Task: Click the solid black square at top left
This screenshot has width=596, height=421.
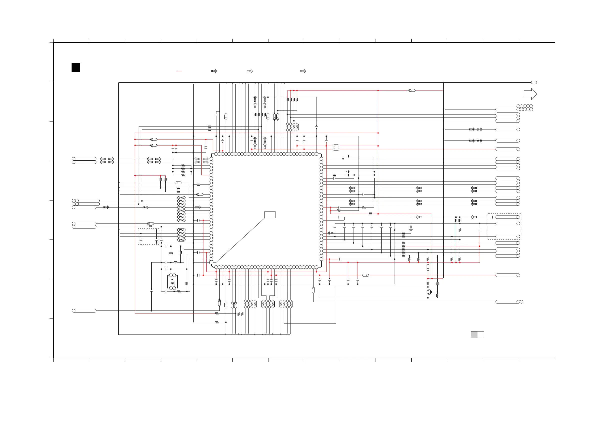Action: click(76, 67)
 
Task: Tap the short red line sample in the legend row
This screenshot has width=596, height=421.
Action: click(179, 71)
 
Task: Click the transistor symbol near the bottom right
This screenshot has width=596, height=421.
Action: click(429, 292)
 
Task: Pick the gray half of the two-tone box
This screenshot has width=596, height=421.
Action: click(474, 334)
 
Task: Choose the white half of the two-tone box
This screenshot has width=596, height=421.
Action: click(480, 334)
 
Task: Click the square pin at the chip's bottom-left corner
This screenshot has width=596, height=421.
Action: click(211, 262)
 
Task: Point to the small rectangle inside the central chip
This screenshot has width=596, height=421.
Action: click(270, 214)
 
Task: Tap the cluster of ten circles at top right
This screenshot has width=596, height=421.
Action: click(525, 108)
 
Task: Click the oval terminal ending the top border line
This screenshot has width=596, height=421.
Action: click(534, 82)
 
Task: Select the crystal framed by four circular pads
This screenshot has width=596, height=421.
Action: click(173, 282)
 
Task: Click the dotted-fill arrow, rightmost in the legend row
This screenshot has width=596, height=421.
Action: click(303, 71)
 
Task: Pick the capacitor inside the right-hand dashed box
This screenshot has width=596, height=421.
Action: click(491, 217)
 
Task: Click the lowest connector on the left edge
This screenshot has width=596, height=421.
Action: click(84, 311)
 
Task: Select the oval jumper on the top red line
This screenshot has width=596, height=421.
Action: click(412, 90)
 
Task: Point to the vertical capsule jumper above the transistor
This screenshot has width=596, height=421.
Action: click(428, 267)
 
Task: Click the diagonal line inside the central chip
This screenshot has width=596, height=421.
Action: click(240, 240)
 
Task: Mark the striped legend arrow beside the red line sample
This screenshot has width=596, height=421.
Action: click(214, 71)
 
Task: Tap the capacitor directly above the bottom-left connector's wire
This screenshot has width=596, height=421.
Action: click(152, 291)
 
